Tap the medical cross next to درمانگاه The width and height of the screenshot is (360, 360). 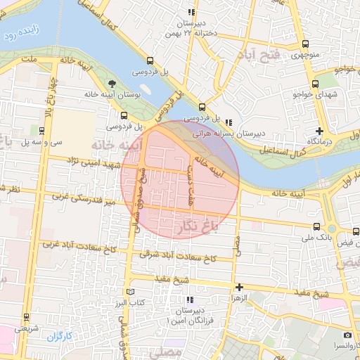point(320,131)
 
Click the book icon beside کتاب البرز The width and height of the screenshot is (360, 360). point(129,292)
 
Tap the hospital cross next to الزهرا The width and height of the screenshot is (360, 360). point(240,287)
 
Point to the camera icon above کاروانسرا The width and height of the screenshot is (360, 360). point(347,335)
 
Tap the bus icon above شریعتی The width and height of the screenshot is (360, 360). point(27,317)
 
